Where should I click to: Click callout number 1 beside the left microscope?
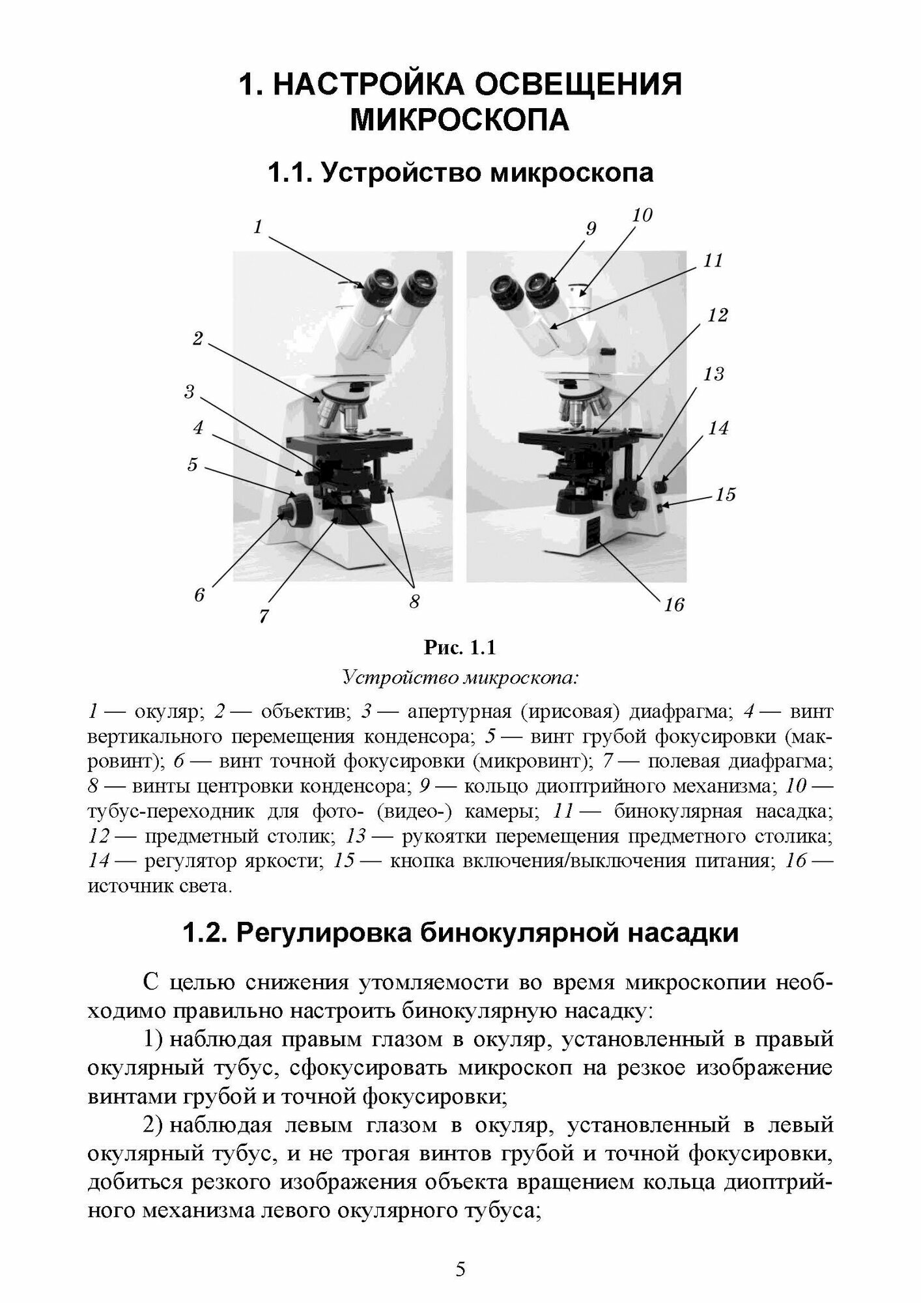[258, 227]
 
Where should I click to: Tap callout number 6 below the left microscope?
[199, 594]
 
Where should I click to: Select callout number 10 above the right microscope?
[642, 215]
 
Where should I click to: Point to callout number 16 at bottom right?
[674, 605]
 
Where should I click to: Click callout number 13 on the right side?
[714, 374]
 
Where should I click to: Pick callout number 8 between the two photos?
[414, 602]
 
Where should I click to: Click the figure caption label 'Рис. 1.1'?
[460, 648]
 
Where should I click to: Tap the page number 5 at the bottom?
[460, 1269]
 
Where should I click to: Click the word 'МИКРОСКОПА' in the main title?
[460, 121]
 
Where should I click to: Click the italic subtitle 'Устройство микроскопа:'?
[460, 678]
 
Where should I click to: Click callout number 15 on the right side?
[725, 494]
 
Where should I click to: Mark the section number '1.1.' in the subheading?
[289, 173]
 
